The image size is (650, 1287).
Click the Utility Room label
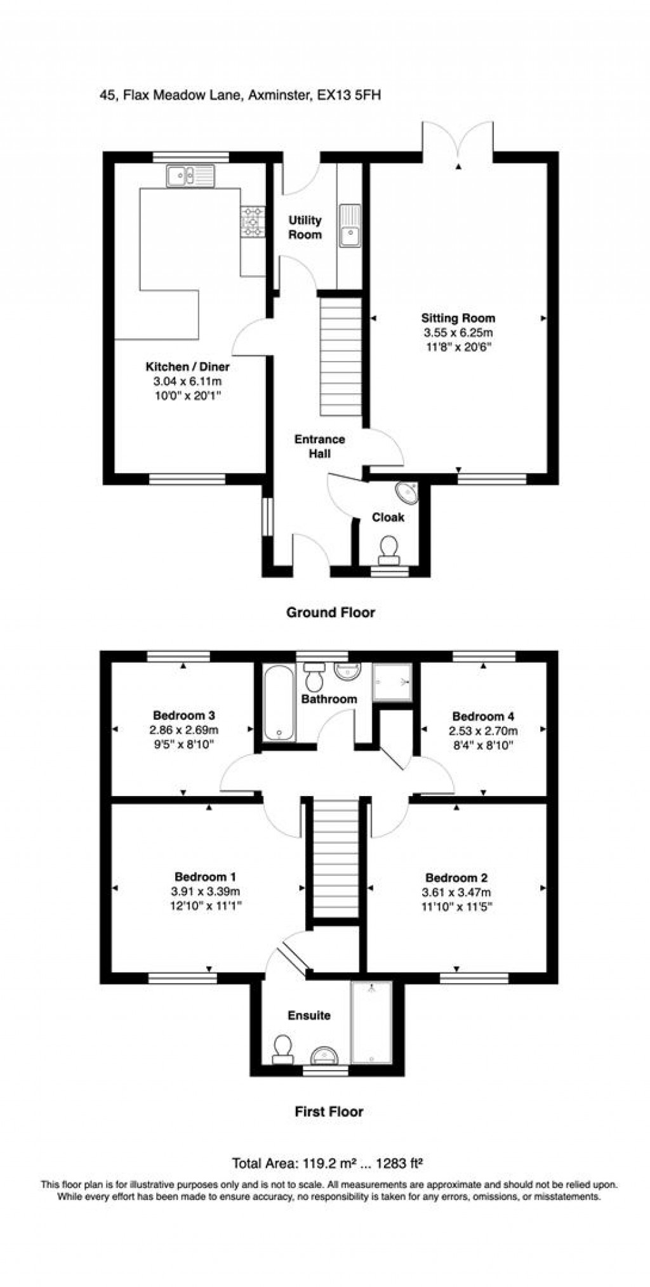(305, 227)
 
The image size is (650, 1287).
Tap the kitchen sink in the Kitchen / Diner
(192, 176)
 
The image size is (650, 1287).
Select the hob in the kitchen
(253, 222)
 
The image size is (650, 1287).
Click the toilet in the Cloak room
(387, 549)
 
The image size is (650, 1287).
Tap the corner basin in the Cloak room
(408, 492)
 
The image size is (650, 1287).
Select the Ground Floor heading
(330, 612)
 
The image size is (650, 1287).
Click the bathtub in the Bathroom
(279, 702)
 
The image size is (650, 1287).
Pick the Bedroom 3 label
(183, 715)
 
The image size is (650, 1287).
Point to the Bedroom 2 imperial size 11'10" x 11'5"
(456, 906)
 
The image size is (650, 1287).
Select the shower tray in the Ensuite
(372, 1022)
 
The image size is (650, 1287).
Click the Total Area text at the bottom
(328, 1164)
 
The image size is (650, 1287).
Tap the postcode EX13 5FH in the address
(348, 96)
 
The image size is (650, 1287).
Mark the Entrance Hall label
(319, 447)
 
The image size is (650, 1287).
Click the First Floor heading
(329, 1111)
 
